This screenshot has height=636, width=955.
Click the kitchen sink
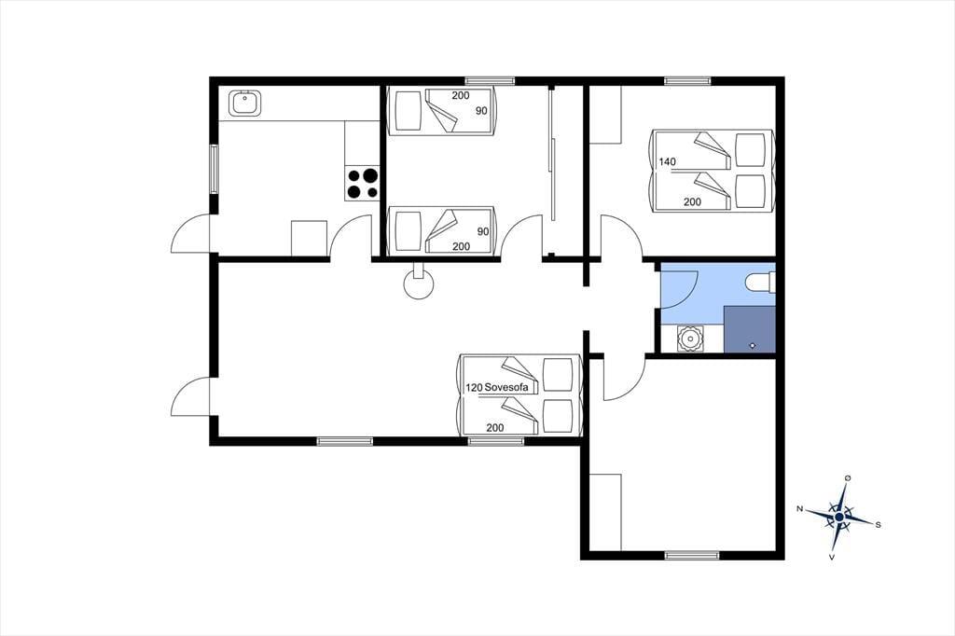245,103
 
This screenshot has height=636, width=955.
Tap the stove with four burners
363,184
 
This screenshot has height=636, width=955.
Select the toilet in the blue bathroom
761,282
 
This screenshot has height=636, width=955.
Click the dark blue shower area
750,329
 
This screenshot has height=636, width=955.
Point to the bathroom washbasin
690,339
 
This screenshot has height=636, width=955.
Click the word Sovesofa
506,387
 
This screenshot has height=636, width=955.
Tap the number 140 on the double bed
668,162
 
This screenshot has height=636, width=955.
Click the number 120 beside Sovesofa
474,387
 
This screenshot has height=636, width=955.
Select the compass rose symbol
839,517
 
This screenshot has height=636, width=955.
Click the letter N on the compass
799,508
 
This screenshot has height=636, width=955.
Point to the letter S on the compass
878,524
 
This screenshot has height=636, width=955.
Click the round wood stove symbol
419,283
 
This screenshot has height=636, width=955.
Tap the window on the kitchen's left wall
214,170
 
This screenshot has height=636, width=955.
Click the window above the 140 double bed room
687,80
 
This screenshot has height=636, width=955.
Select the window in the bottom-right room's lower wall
691,555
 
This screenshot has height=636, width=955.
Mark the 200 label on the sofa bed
495,428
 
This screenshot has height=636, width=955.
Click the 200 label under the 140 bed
692,201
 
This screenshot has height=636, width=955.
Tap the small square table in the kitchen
310,238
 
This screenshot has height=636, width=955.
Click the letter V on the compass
832,557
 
